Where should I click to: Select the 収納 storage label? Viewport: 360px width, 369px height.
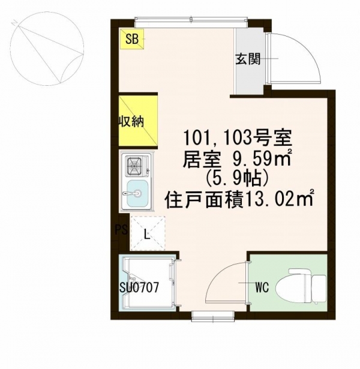[x=130, y=122]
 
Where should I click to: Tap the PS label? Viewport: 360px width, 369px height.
[x=120, y=229]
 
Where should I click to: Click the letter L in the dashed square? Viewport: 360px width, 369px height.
[x=147, y=235]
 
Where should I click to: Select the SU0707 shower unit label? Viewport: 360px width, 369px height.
[x=138, y=287]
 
